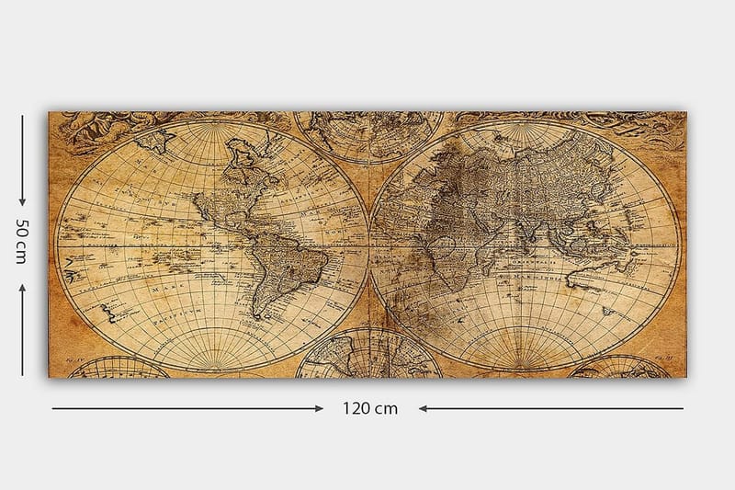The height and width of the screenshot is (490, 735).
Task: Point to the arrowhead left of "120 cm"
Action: [x=317, y=407]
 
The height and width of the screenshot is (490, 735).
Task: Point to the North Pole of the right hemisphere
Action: [x=525, y=126]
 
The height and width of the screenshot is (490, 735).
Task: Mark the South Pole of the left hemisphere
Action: [x=212, y=368]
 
